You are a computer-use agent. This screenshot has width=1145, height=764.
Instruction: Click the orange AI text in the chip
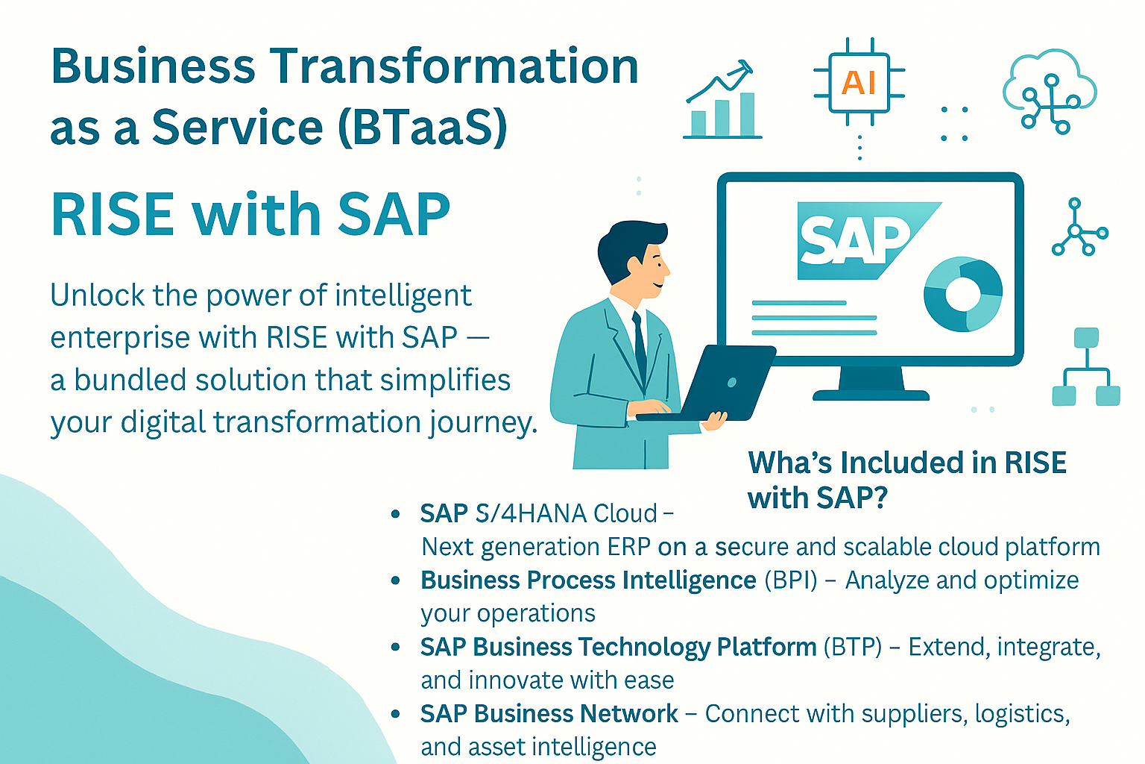[x=859, y=82]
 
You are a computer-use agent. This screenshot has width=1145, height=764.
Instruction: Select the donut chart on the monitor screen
[x=963, y=294]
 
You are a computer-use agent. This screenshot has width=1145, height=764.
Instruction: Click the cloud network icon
[x=1050, y=91]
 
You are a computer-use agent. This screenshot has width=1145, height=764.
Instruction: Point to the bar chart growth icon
[x=722, y=100]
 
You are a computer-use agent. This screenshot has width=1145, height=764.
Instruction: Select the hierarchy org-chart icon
[x=1086, y=366]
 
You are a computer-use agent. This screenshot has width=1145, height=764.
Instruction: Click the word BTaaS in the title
[x=422, y=127]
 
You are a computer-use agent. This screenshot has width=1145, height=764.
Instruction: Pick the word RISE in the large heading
[x=113, y=214]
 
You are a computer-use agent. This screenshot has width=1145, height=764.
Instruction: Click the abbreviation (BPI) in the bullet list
[x=791, y=580]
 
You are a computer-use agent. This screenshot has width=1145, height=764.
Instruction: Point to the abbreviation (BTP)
[x=853, y=648]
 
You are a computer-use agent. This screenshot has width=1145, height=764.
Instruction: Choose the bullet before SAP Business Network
[x=395, y=714]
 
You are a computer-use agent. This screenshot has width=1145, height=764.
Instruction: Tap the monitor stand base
[x=871, y=395]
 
